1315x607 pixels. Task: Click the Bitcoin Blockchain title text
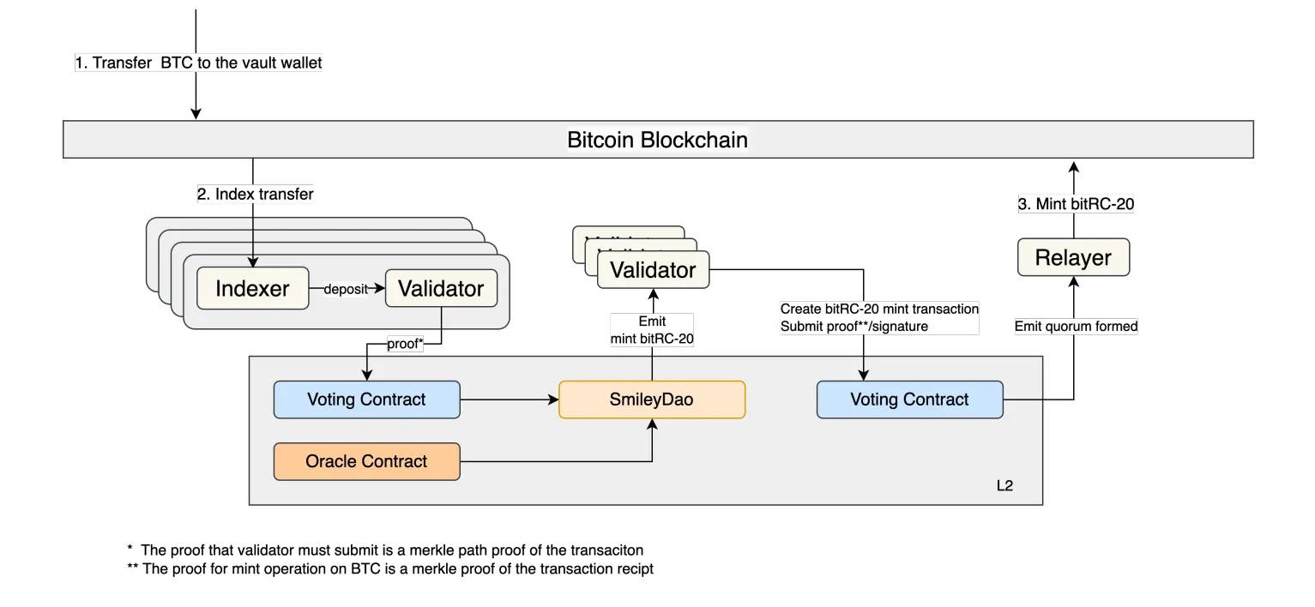[x=657, y=140]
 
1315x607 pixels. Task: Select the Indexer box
[x=252, y=288]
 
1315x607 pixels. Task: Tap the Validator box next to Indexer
[x=441, y=288]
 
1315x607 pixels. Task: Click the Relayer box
[x=1073, y=257]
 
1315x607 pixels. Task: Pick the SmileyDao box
[x=652, y=400]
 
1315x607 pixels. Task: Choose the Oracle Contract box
[x=366, y=461]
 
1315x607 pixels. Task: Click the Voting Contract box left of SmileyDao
[x=366, y=400]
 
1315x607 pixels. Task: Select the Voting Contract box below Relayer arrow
[x=909, y=400]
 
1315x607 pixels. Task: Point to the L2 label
[x=1004, y=485]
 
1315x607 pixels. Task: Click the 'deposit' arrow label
[x=346, y=289]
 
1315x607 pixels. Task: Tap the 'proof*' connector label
[x=405, y=344]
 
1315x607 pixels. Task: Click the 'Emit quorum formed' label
[x=1076, y=326]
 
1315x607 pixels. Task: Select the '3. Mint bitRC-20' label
[x=1076, y=204]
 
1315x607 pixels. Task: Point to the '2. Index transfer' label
[x=255, y=194]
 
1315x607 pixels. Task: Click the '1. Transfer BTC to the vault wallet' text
[x=198, y=63]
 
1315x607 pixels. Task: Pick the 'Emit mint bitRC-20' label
[x=652, y=330]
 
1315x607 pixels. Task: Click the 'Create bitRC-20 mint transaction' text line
[x=879, y=309]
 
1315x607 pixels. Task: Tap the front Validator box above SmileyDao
[x=653, y=270]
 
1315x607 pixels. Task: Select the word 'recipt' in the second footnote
[x=635, y=569]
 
